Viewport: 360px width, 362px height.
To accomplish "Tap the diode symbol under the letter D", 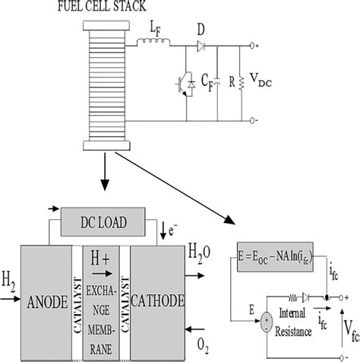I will tap(201, 45).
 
